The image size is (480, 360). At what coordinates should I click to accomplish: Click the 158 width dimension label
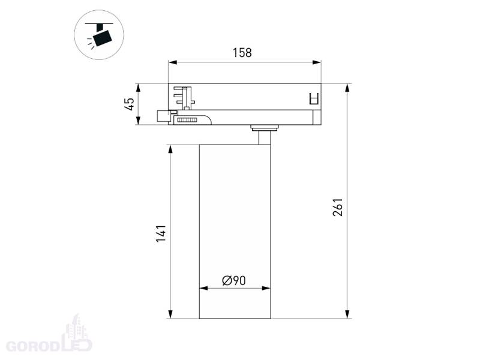point(242,53)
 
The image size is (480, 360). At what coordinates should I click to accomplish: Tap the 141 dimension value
point(161,233)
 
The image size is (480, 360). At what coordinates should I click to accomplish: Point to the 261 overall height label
point(338,207)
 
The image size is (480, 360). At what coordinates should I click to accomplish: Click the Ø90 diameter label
point(234,280)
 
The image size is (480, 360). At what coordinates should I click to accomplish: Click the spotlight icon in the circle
point(99,35)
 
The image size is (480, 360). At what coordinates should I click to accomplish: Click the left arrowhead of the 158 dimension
point(173,62)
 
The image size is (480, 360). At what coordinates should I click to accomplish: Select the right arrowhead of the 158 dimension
point(317,62)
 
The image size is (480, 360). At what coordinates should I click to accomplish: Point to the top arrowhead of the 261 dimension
point(347,88)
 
